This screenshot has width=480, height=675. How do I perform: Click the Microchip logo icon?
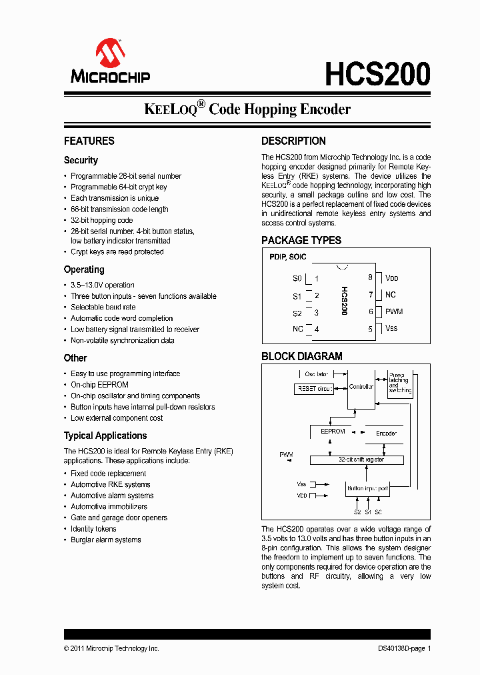point(110,53)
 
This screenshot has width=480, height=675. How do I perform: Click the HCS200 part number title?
point(377,74)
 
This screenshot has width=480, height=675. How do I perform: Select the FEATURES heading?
point(89,141)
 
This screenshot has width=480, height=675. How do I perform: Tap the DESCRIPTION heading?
point(293,141)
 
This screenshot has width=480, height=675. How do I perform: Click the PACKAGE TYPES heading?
point(301,240)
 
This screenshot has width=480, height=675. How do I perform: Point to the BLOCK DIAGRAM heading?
point(301,356)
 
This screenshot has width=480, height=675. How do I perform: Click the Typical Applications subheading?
point(105,436)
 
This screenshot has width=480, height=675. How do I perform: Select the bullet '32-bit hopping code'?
point(101,220)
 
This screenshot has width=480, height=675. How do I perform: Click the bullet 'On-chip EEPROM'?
point(99,385)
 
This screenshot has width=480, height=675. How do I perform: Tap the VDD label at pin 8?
point(391,278)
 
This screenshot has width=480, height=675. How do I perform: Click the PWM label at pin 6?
point(394,311)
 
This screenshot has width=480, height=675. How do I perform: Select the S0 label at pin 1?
point(297,278)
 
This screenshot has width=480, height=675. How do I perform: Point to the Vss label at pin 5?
point(391,328)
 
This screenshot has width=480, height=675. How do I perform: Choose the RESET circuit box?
point(314,389)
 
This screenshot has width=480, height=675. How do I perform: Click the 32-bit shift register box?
point(357,460)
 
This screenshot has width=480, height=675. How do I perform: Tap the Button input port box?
point(367,489)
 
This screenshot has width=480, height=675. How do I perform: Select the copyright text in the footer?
point(111,648)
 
